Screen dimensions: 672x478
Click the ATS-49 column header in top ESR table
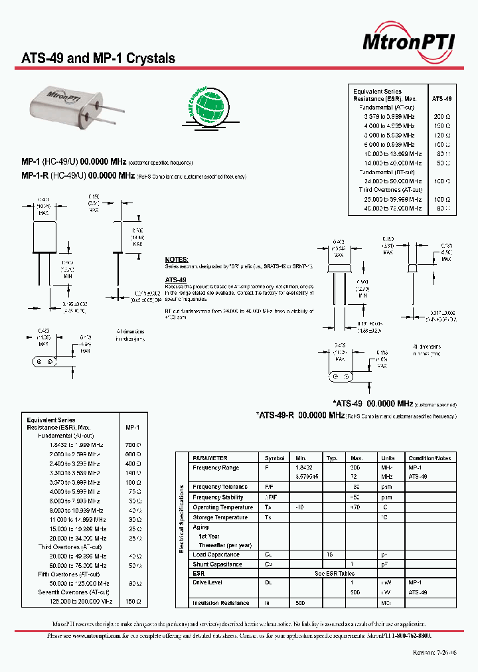[x=441, y=98]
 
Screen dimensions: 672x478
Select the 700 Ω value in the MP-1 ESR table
[x=133, y=445]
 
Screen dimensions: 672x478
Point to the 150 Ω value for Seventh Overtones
[x=133, y=601]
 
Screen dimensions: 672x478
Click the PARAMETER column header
[x=210, y=458]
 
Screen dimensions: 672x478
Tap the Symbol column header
[x=274, y=458]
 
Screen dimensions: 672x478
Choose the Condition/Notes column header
[x=430, y=458]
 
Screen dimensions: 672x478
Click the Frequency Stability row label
[x=218, y=497]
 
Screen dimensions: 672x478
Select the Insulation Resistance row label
[x=221, y=603]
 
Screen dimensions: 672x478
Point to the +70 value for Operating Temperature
[x=357, y=507]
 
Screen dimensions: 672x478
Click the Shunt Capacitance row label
[x=218, y=564]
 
